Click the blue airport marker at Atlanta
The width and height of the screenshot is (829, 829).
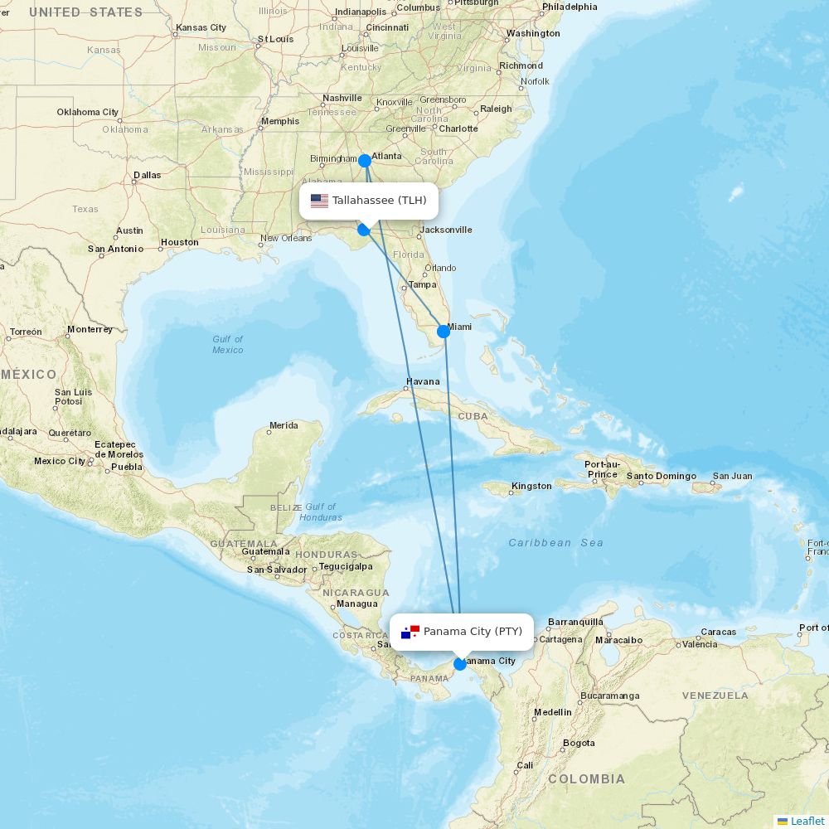click(x=364, y=161)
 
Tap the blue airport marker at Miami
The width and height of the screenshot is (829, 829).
click(x=444, y=332)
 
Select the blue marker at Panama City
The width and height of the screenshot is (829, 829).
click(x=460, y=664)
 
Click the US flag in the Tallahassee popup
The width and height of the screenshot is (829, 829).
click(x=319, y=201)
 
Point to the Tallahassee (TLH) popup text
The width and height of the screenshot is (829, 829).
click(x=380, y=201)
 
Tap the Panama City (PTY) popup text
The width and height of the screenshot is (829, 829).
click(x=473, y=632)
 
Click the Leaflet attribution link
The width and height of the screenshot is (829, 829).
click(x=807, y=821)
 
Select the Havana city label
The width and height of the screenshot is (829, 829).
click(x=423, y=382)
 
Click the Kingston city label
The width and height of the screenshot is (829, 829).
click(x=531, y=486)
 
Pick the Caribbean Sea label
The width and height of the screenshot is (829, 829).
click(x=555, y=543)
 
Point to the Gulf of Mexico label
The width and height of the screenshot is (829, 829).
click(x=227, y=344)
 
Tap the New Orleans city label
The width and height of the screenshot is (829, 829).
click(x=286, y=238)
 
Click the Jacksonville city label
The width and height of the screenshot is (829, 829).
click(x=446, y=230)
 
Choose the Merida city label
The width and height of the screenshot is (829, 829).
click(x=284, y=425)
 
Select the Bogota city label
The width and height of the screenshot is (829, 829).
click(x=579, y=743)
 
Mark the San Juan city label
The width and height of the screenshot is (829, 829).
click(x=733, y=476)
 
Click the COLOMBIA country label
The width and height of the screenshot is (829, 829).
click(x=586, y=779)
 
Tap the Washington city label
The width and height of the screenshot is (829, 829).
click(x=533, y=34)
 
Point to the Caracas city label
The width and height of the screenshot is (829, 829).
click(x=718, y=632)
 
